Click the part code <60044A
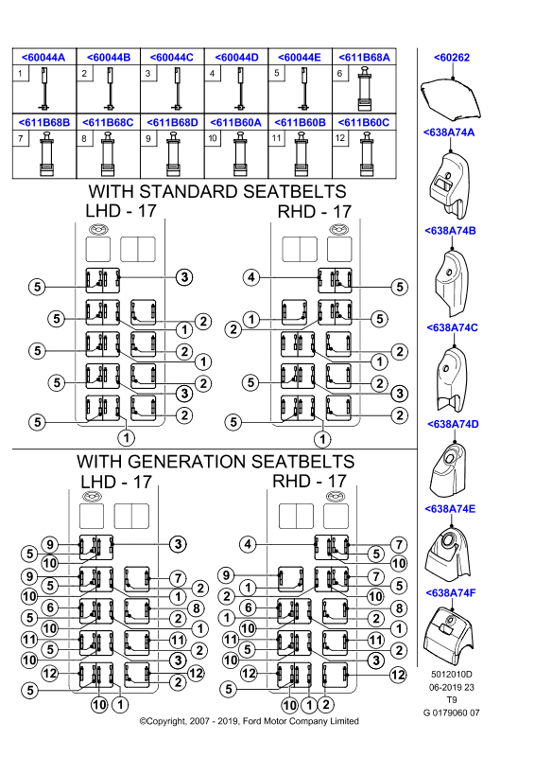pos(43,58)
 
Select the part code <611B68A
pos(364,58)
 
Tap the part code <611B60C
pos(364,123)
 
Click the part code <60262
pos(452,58)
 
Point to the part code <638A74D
pos(453,424)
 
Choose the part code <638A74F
pos(451,593)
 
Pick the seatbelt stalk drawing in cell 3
pos(177,88)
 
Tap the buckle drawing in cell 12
pos(368,154)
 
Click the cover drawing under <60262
pos(451,99)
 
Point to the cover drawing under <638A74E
pos(448,553)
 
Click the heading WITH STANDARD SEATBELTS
pos(217,192)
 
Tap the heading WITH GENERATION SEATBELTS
pos(216,462)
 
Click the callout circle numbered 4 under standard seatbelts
pos(251,277)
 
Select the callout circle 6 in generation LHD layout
pos(50,607)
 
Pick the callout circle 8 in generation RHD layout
pos(399,608)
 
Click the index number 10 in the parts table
pos(213,138)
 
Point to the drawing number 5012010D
pos(452,675)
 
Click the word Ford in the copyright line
pos(252,721)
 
